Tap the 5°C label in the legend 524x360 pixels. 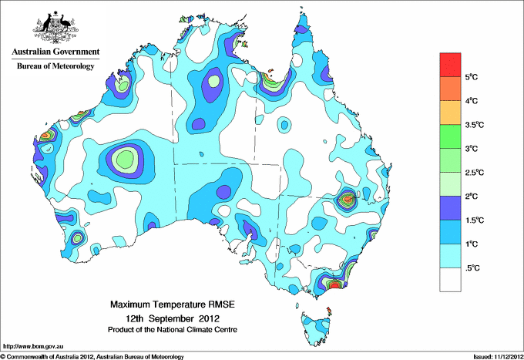(473, 77)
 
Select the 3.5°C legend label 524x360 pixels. (476, 124)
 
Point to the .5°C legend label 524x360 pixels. (474, 267)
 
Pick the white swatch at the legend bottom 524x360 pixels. (450, 279)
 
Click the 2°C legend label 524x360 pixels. (473, 196)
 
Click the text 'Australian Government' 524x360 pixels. (55, 52)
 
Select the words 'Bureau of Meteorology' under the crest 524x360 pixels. (55, 66)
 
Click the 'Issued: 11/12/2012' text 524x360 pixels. (495, 356)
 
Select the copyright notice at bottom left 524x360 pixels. (92, 356)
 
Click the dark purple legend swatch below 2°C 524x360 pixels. (450, 207)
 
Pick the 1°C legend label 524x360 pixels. (473, 244)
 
